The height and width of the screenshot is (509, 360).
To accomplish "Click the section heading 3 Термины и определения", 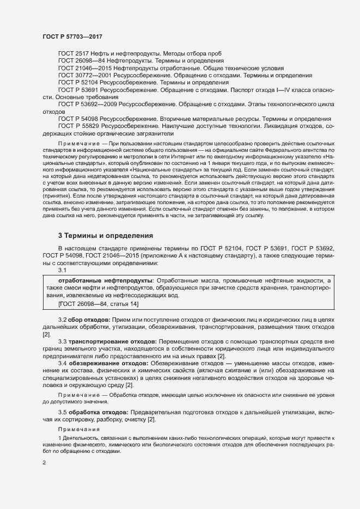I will coord(105,236).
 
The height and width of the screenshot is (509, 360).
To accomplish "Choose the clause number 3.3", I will coord(62,341).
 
